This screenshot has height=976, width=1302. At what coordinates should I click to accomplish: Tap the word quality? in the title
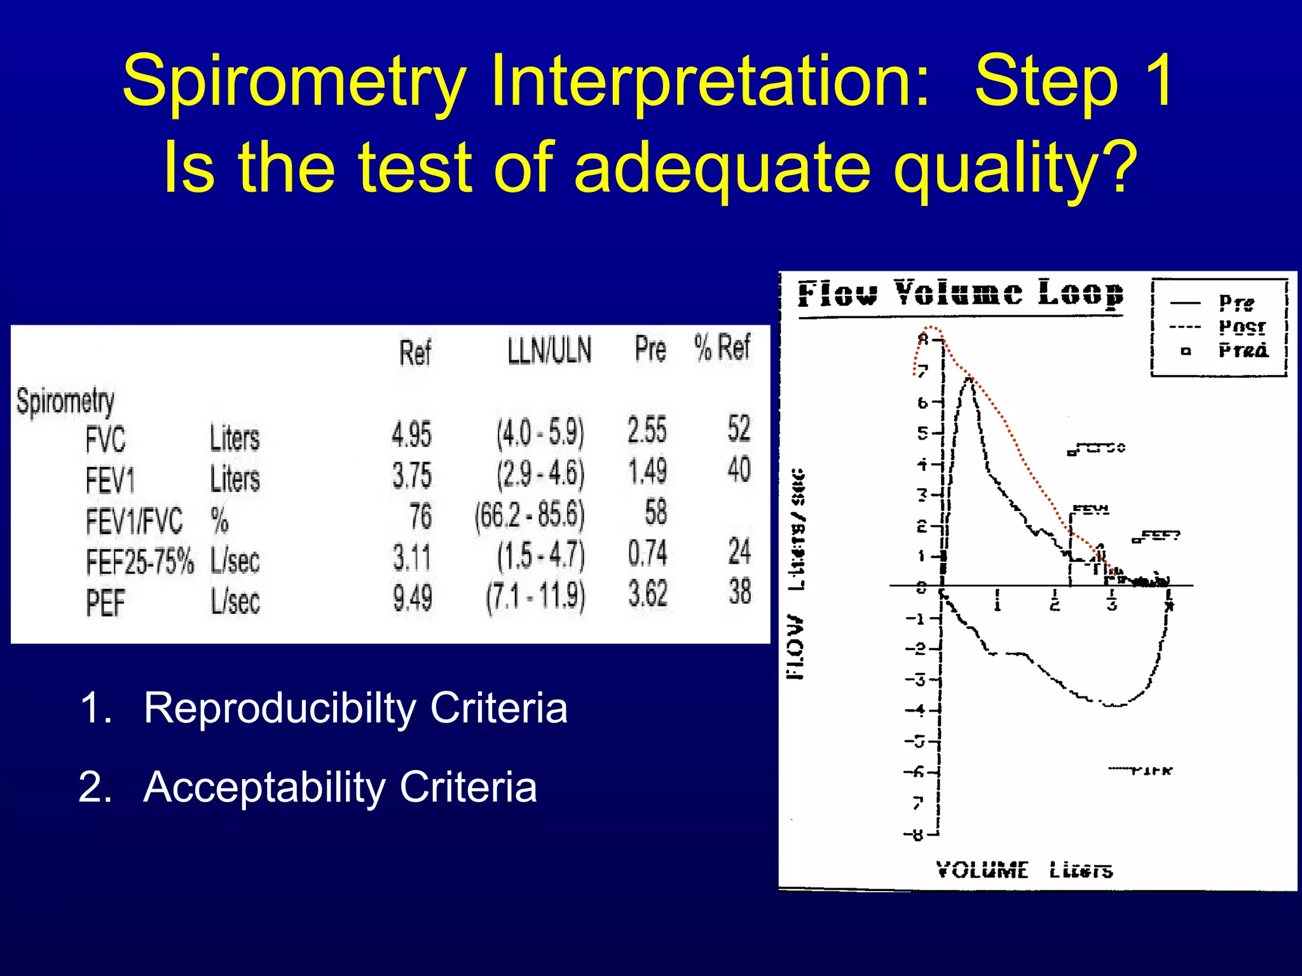tap(1013, 166)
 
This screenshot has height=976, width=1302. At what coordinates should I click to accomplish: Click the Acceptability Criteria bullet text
tap(339, 787)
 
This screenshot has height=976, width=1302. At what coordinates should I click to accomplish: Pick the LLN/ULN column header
tap(549, 350)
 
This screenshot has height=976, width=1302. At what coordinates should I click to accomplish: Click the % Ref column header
tap(722, 348)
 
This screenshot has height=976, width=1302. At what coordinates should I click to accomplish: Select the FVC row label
tap(106, 439)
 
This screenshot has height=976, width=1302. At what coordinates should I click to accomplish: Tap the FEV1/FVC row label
tap(134, 521)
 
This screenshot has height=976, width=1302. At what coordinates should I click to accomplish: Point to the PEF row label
tap(105, 602)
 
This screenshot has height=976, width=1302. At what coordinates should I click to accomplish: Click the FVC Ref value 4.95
tap(411, 435)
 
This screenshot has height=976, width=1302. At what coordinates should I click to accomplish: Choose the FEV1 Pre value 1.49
tap(647, 471)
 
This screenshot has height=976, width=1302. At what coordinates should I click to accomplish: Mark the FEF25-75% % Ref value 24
tap(739, 551)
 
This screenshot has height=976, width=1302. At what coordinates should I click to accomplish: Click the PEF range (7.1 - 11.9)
tap(535, 597)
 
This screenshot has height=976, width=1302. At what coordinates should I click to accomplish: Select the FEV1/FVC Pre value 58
tap(655, 512)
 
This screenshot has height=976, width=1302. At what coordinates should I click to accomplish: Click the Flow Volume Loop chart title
tap(960, 294)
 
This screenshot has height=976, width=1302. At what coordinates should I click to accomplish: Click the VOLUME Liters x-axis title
tap(1024, 870)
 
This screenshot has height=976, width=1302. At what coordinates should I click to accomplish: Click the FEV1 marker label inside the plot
tap(1091, 510)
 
